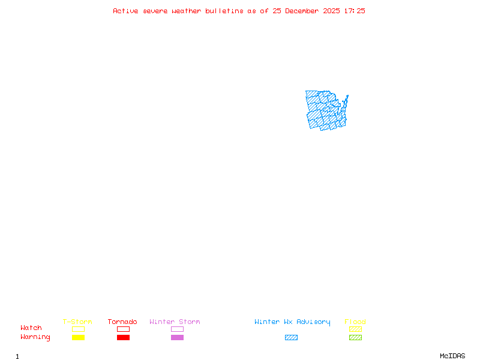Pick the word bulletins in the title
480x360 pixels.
[x=224, y=11]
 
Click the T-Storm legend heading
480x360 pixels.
[x=77, y=322]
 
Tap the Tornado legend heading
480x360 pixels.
[x=122, y=322]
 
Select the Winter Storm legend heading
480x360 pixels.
[x=175, y=322]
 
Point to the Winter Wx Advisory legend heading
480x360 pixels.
[x=292, y=322]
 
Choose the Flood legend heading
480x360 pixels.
[x=355, y=322]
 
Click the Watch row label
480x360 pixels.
[x=31, y=328]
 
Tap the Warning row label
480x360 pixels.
[x=35, y=337]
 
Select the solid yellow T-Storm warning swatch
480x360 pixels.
[x=78, y=338]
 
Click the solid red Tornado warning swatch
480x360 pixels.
[x=123, y=338]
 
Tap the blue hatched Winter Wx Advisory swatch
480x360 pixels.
[x=291, y=338]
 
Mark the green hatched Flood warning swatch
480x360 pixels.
[x=355, y=338]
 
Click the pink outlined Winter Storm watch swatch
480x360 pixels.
[x=177, y=329]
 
